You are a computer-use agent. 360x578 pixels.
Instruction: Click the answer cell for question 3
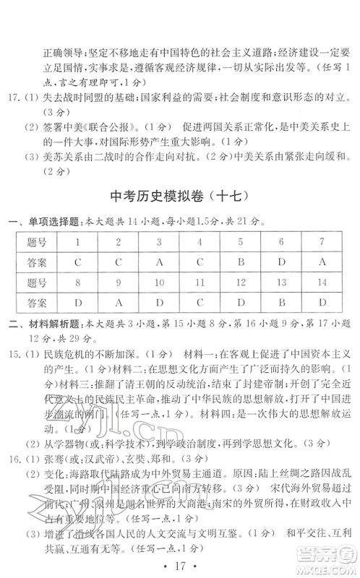click(159, 262)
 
